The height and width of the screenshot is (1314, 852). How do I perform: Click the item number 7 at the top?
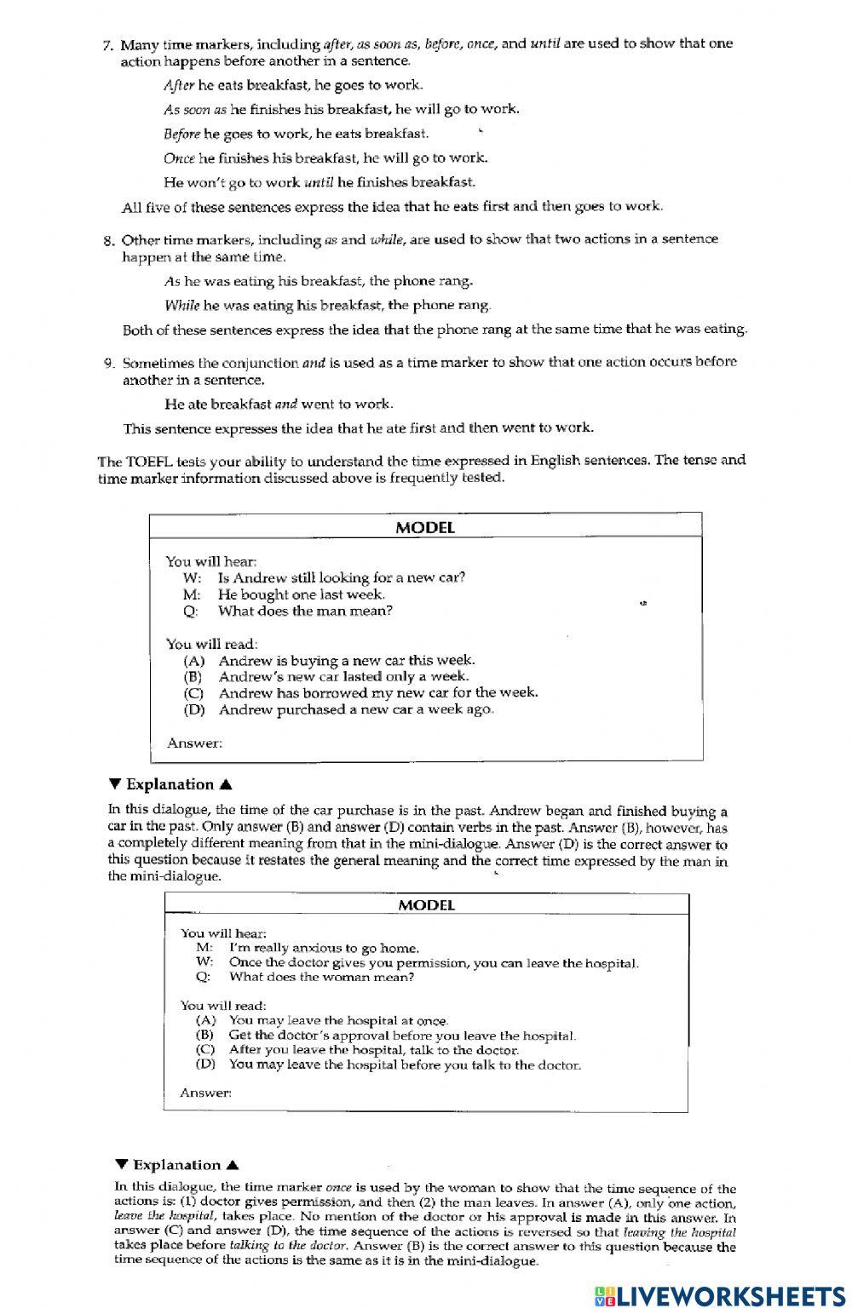click(x=108, y=44)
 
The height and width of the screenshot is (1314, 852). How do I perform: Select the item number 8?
click(x=108, y=240)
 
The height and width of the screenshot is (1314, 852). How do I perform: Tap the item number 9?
click(x=108, y=363)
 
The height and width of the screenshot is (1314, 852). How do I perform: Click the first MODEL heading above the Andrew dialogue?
click(x=425, y=527)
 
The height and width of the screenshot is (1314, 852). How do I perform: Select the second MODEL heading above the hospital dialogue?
click(x=426, y=904)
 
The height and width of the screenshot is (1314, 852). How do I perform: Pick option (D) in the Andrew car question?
click(x=193, y=709)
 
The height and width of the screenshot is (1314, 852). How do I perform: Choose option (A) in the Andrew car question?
click(x=193, y=660)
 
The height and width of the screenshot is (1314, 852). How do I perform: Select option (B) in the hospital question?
click(x=205, y=1036)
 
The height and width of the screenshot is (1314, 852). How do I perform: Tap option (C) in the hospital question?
click(x=205, y=1050)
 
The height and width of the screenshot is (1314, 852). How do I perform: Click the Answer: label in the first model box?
click(x=194, y=743)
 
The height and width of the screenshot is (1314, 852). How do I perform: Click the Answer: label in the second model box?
click(x=205, y=1093)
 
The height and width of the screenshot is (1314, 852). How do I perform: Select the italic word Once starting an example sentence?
click(x=178, y=158)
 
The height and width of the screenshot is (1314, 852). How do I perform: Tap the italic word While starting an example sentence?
click(x=181, y=305)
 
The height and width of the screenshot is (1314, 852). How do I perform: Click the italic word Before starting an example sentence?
click(x=181, y=134)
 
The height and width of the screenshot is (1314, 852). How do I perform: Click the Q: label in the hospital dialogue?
click(x=202, y=977)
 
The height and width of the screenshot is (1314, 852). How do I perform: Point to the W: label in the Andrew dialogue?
click(x=191, y=578)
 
